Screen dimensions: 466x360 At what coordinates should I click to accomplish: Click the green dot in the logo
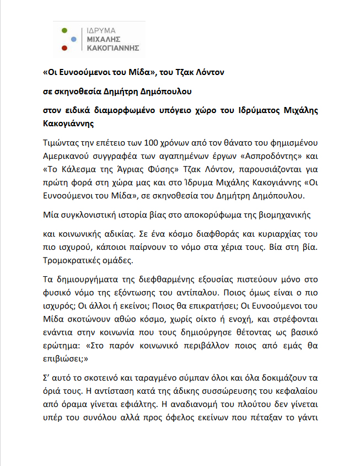(x=65, y=30)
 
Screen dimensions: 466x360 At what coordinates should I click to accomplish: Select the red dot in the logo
(x=65, y=48)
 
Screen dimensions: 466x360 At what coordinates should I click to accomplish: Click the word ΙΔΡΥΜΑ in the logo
(x=97, y=31)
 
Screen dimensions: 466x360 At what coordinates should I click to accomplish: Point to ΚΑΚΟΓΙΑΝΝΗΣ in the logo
(x=110, y=48)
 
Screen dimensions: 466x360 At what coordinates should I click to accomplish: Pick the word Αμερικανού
(x=68, y=153)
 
